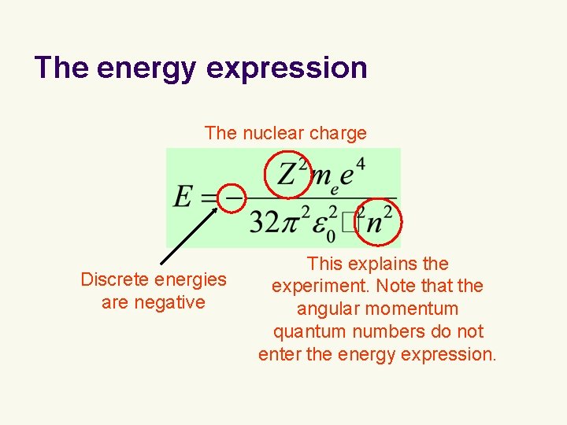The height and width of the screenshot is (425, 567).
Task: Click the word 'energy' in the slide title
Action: (x=146, y=68)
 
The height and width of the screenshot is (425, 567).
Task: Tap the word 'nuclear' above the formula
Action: (x=273, y=133)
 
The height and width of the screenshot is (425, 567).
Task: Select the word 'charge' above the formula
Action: (x=338, y=133)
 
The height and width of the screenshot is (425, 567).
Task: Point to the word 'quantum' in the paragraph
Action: (x=307, y=331)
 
